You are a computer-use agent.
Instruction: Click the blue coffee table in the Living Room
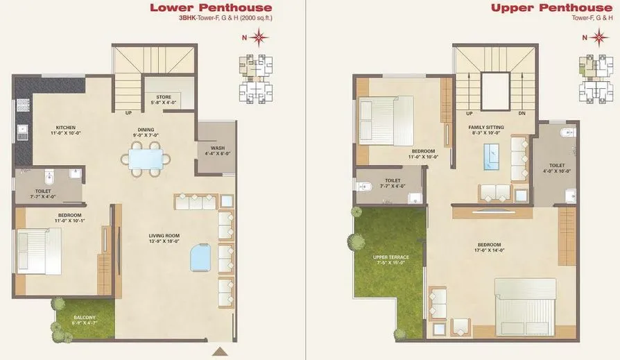click(x=200, y=258)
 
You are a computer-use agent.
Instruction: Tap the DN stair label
click(x=519, y=113)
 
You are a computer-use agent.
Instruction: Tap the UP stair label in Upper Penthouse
click(x=470, y=113)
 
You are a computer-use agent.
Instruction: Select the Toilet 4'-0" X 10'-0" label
click(x=557, y=169)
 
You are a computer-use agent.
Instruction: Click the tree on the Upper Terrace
click(x=356, y=241)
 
